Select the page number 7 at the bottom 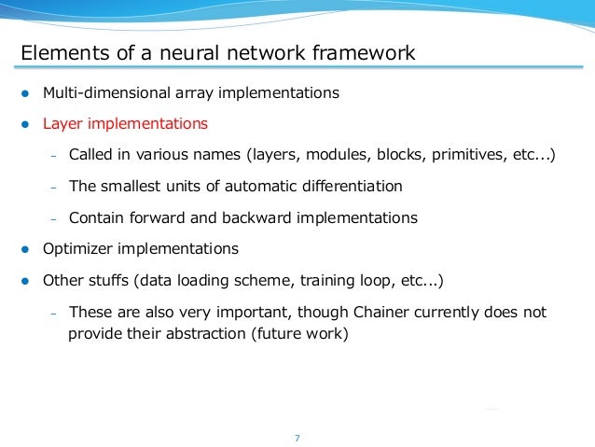pos(297,437)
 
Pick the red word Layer pos(64,123)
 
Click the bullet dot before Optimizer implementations pos(26,250)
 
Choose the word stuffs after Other pos(112,280)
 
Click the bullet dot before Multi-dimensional pos(26,94)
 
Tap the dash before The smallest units pos(53,187)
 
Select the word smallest pos(131,186)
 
